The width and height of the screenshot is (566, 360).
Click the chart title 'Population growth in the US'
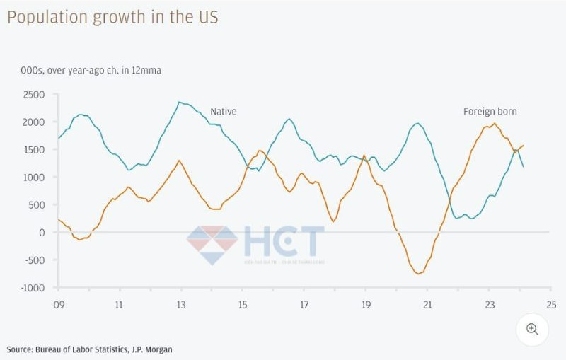112,17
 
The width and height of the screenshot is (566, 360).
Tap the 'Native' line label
223,112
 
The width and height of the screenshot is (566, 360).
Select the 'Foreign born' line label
490,112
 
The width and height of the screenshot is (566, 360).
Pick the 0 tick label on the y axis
41,233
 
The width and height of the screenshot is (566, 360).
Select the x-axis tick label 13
181,305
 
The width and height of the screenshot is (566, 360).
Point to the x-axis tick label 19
366,305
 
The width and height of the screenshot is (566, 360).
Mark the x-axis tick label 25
550,305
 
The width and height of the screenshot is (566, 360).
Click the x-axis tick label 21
427,305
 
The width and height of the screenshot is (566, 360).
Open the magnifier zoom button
532,329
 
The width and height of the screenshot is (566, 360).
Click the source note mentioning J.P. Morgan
89,349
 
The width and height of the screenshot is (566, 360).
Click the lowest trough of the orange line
418,274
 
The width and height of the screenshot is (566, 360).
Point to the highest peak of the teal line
180,102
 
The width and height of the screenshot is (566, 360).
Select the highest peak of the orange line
495,124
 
